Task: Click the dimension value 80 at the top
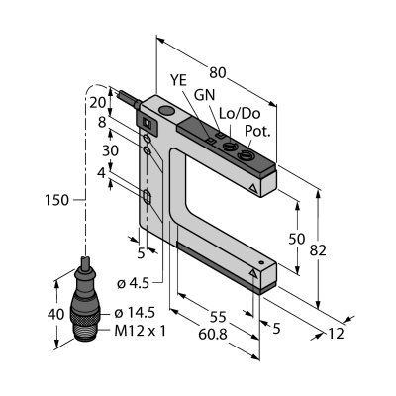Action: pos(218,72)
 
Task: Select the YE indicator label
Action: pos(178,80)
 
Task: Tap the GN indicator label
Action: pos(204,95)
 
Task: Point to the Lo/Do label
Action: pos(240,114)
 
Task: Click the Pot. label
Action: pos(257,132)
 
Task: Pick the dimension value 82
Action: pos(318,250)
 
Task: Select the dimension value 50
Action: pos(297,239)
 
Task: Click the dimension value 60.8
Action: pos(213,335)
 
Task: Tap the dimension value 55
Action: pos(218,317)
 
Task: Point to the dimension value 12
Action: pos(336,334)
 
